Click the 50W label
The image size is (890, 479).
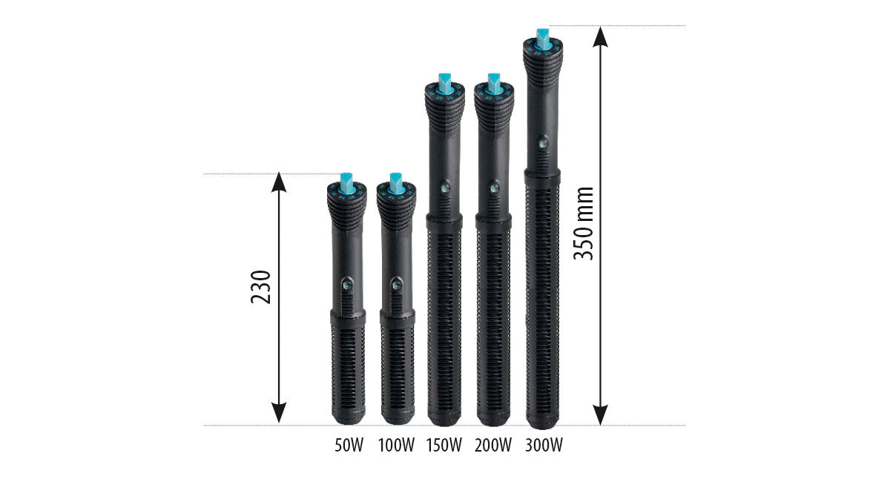point(349,445)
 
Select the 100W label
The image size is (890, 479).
point(396,445)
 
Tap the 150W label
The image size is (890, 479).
point(444,445)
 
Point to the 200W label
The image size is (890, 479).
point(492,445)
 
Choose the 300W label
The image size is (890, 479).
point(544,445)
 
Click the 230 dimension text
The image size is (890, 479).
point(260,287)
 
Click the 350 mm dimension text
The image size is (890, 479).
point(583,224)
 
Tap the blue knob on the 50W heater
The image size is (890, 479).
point(346,184)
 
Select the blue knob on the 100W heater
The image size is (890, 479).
point(396,184)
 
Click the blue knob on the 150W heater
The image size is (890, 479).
point(444,85)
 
